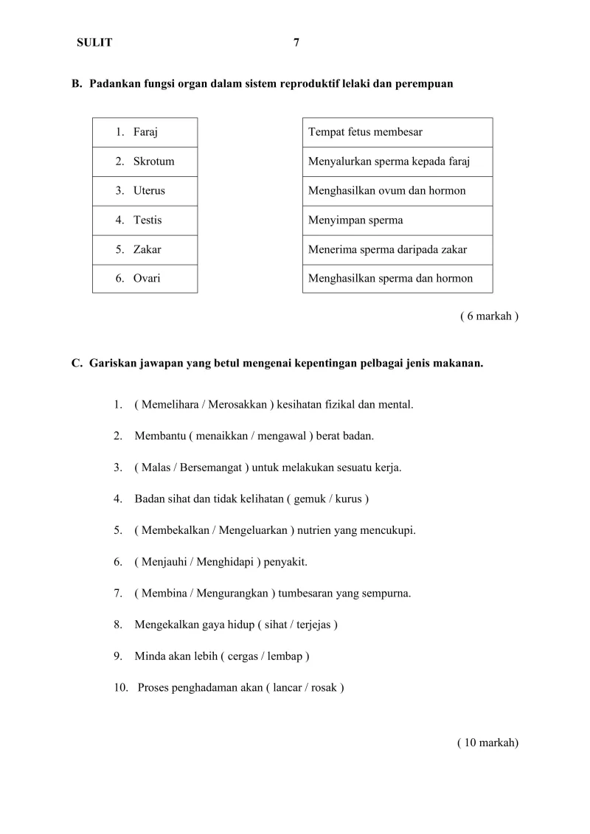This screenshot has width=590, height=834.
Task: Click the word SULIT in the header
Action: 94,43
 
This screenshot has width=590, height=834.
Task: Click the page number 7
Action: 296,43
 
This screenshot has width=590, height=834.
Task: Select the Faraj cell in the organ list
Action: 145,132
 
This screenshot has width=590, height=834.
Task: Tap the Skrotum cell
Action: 145,161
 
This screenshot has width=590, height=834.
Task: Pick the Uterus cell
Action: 145,190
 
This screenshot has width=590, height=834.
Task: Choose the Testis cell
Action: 145,220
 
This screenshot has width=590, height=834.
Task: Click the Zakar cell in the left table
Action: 145,249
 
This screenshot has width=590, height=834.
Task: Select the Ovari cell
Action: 145,278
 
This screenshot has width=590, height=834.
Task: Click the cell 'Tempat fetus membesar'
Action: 397,132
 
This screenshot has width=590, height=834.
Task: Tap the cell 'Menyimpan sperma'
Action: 397,220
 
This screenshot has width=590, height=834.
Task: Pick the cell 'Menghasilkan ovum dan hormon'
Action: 397,190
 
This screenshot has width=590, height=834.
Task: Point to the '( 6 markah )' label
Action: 489,316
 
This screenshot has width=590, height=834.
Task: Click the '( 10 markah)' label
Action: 487,743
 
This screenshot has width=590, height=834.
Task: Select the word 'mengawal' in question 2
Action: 282,436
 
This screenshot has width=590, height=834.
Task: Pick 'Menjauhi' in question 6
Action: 161,562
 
